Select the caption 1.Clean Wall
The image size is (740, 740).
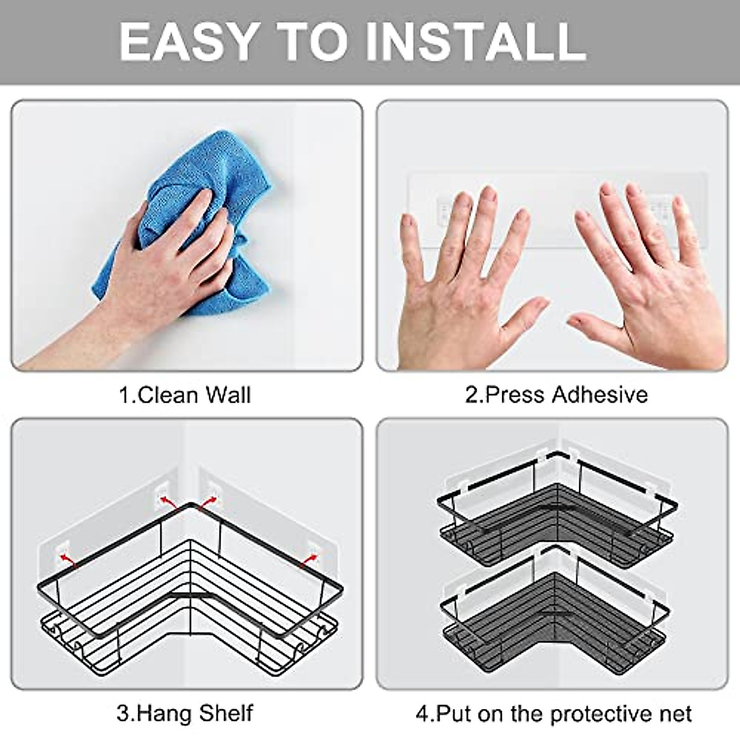pyautogui.click(x=184, y=395)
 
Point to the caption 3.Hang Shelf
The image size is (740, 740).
pyautogui.click(x=184, y=713)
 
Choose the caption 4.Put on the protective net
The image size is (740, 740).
pyautogui.click(x=553, y=713)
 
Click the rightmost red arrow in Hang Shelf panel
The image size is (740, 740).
pyautogui.click(x=305, y=558)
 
